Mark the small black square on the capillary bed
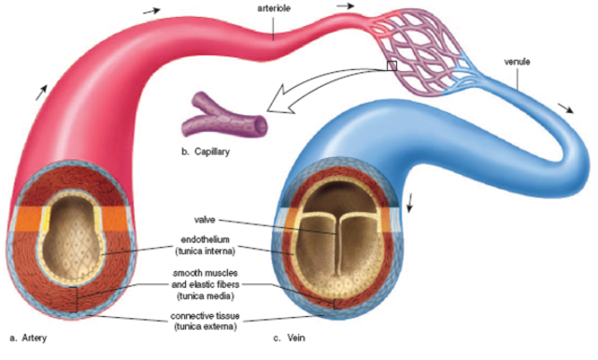click(392, 66)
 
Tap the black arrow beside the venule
click(566, 104)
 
